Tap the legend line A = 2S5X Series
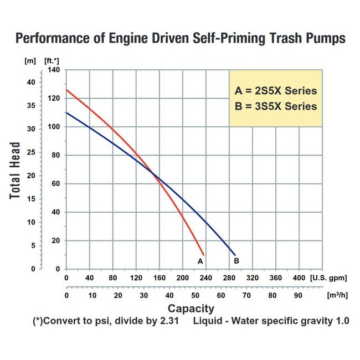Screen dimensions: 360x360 (276, 91)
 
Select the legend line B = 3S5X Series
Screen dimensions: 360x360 (276, 106)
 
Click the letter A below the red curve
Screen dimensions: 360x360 (200, 260)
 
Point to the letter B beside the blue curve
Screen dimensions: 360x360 (236, 260)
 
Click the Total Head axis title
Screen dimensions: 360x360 (16, 171)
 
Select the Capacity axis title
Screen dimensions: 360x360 (191, 308)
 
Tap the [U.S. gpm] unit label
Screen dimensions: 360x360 (326, 278)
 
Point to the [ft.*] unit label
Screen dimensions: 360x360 (53, 60)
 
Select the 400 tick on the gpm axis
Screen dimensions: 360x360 (299, 278)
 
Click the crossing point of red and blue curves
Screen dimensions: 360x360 (153, 176)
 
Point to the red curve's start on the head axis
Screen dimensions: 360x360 (67, 90)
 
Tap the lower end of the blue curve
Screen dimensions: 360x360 (235, 255)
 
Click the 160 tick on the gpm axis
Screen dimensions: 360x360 (159, 278)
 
